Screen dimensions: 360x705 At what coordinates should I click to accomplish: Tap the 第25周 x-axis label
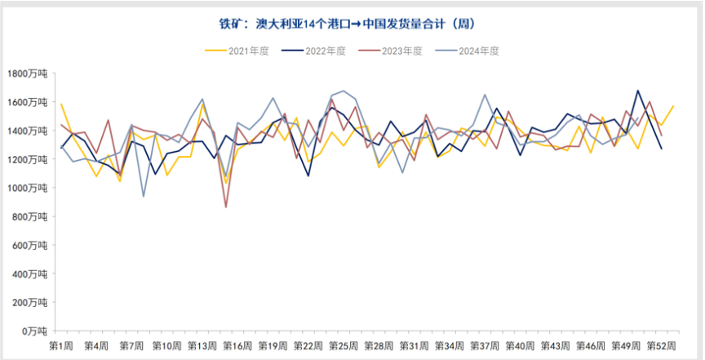(343, 346)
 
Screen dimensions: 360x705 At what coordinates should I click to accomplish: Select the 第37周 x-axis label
(484, 346)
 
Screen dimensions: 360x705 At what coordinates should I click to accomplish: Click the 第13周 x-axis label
(202, 346)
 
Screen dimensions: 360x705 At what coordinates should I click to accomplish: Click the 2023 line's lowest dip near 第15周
(226, 207)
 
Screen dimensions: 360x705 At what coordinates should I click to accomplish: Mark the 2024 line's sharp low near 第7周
(144, 196)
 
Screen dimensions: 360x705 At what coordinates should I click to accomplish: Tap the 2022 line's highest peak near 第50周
(637, 91)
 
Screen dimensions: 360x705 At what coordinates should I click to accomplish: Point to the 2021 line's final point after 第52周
(673, 106)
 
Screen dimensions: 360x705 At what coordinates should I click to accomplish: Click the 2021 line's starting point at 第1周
(61, 104)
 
